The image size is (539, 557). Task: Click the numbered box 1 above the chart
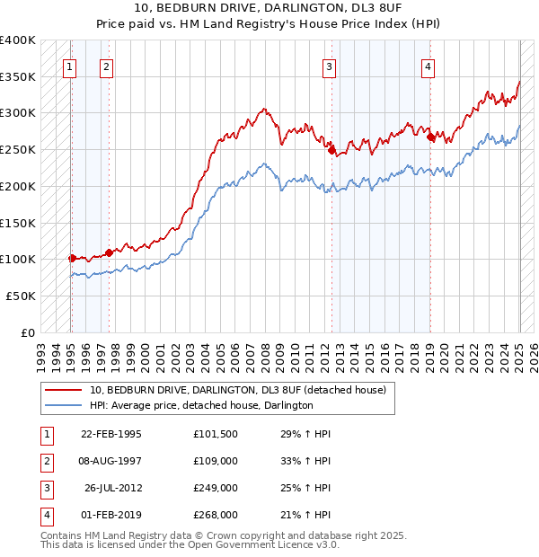tap(70, 66)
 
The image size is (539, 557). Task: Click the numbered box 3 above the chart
tap(330, 66)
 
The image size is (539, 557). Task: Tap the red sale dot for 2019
tap(430, 137)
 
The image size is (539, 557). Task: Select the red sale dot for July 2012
tap(331, 151)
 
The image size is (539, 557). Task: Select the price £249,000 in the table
tap(216, 489)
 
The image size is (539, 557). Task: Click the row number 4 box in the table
tap(45, 516)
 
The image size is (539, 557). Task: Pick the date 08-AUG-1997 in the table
tap(111, 461)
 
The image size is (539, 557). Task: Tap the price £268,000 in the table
tap(216, 516)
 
